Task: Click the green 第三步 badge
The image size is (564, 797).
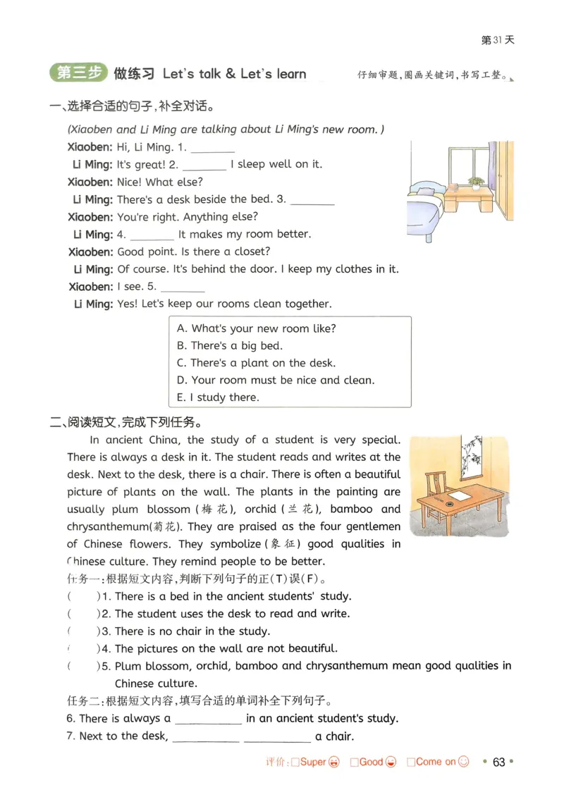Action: (x=78, y=73)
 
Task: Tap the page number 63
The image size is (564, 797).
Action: (x=499, y=762)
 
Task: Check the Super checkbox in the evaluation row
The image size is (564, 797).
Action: (x=296, y=762)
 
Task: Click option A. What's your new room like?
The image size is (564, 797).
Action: (x=257, y=328)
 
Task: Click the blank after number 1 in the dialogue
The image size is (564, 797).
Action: (x=212, y=148)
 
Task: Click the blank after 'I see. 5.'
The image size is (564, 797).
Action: (x=183, y=288)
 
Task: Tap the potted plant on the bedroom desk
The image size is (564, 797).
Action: (x=477, y=183)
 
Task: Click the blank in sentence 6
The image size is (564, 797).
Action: (x=208, y=719)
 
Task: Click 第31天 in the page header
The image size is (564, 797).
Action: (x=498, y=40)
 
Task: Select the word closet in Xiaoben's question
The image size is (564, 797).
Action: (x=252, y=252)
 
